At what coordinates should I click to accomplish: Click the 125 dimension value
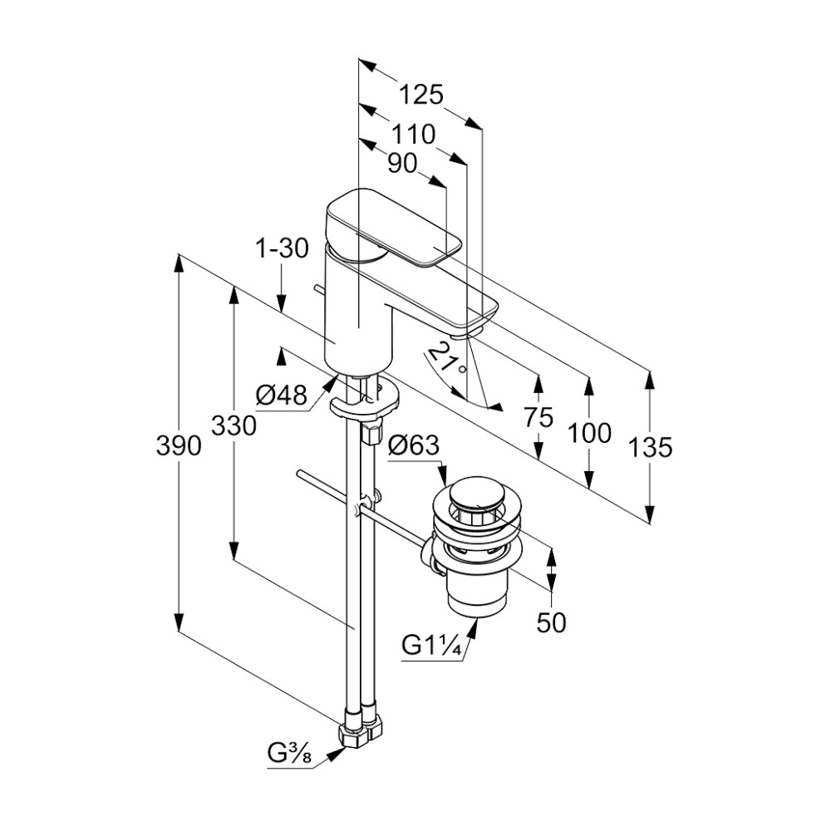point(420,94)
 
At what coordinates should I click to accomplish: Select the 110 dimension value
point(415,133)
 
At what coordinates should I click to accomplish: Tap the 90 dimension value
point(402,164)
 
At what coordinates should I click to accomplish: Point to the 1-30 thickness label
point(283,248)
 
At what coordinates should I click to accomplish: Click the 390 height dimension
point(179,446)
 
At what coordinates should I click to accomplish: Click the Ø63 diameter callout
point(413,445)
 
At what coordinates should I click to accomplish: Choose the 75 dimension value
point(538,417)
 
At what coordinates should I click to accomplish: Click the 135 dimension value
point(650,448)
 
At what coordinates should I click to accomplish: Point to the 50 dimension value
point(551,622)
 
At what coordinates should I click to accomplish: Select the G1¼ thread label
point(432,645)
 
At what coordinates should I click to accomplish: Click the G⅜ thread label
point(288,755)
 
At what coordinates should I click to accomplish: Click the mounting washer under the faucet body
point(364,406)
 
